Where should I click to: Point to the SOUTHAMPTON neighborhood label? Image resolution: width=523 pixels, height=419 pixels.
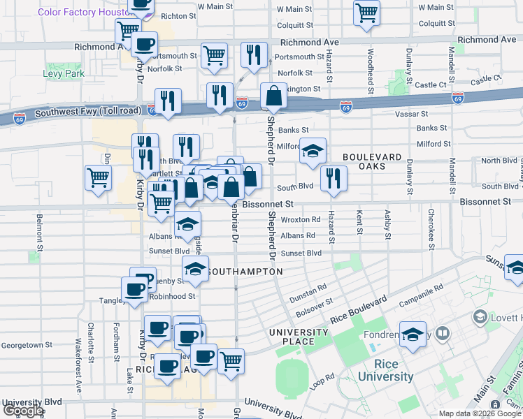245,271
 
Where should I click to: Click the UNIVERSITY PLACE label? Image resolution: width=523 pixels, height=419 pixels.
299,337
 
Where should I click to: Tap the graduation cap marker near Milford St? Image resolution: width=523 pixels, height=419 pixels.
313,149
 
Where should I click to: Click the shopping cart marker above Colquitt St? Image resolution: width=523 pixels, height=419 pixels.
366,13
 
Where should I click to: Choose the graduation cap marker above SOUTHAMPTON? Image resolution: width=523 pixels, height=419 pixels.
196,268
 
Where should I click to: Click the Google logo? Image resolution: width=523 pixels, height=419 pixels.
23,411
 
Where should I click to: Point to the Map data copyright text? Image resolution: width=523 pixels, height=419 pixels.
480,413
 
